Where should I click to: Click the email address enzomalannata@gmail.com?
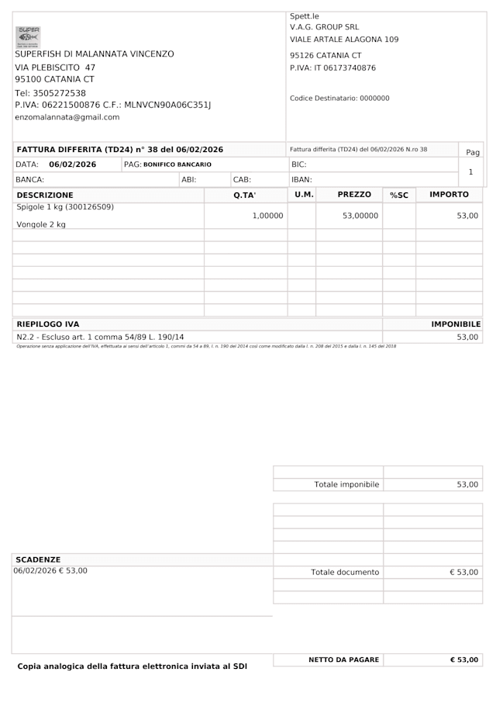click(x=67, y=117)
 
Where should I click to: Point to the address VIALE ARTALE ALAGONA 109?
click(x=344, y=39)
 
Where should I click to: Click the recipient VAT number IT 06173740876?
click(x=345, y=68)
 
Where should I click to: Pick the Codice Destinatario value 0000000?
click(x=374, y=99)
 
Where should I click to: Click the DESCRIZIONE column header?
click(x=45, y=195)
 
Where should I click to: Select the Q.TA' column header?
click(x=245, y=195)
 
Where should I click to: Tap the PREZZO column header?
click(x=354, y=195)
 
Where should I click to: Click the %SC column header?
click(x=399, y=195)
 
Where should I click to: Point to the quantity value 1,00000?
click(x=267, y=216)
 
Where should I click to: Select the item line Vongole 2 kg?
click(x=41, y=224)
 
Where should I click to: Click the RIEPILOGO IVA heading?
click(x=48, y=324)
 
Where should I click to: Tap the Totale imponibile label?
click(x=346, y=484)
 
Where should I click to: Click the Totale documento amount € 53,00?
click(x=464, y=572)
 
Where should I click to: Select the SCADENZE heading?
click(x=38, y=559)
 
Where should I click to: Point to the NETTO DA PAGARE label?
click(x=344, y=660)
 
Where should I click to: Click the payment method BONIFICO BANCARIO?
click(x=177, y=164)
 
